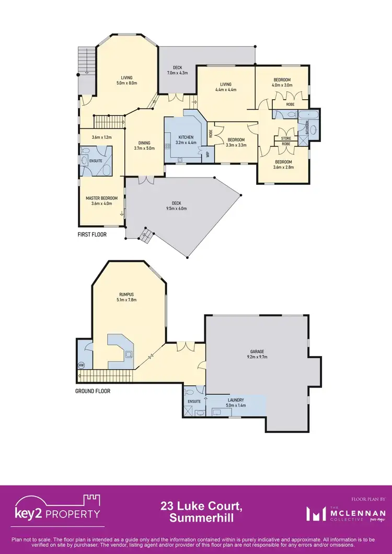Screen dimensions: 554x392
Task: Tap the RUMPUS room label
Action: [x=128, y=294]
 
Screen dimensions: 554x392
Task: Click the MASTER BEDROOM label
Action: [x=101, y=198]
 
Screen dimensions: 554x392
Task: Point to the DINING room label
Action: [x=144, y=143]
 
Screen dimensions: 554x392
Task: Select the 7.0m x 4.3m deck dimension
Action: [x=177, y=73]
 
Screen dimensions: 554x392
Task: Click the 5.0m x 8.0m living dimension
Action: [x=126, y=83]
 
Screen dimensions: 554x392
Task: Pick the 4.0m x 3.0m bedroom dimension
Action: [x=283, y=85]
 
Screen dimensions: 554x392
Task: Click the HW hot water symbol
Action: [x=82, y=365]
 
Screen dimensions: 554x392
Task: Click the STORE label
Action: [x=286, y=138]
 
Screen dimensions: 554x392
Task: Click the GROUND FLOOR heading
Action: [x=93, y=391]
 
